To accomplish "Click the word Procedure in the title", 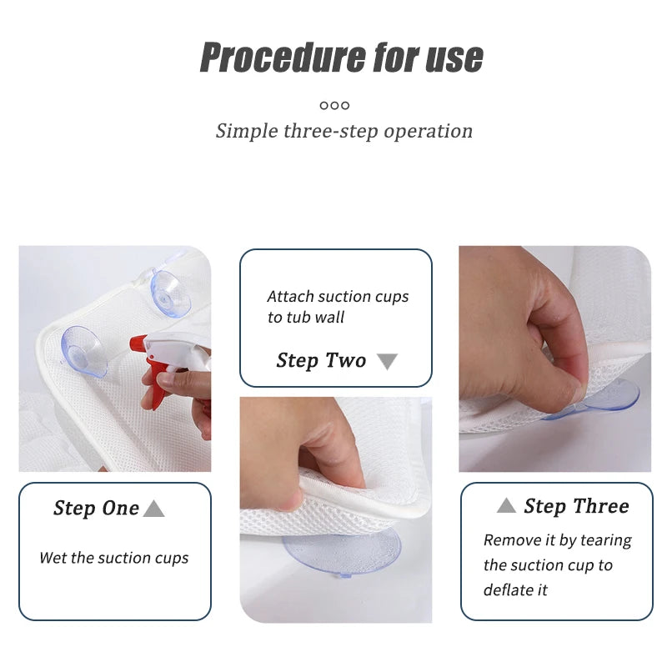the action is tap(283, 57).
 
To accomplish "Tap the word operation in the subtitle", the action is tap(428, 131).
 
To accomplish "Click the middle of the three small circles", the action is tap(335, 105).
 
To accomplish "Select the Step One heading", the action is tap(96, 508).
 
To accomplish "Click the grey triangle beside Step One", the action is tap(153, 509).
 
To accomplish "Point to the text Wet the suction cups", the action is tap(114, 558).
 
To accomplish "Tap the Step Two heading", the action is tap(321, 361).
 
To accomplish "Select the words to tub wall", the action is tap(306, 318).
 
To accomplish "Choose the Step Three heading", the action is tap(576, 506).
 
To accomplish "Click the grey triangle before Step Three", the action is tap(506, 505).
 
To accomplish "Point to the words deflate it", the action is tap(515, 590).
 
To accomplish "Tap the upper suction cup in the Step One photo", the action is tap(170, 293).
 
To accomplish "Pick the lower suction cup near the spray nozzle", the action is tap(82, 351).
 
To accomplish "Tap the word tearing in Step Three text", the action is tap(606, 540).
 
